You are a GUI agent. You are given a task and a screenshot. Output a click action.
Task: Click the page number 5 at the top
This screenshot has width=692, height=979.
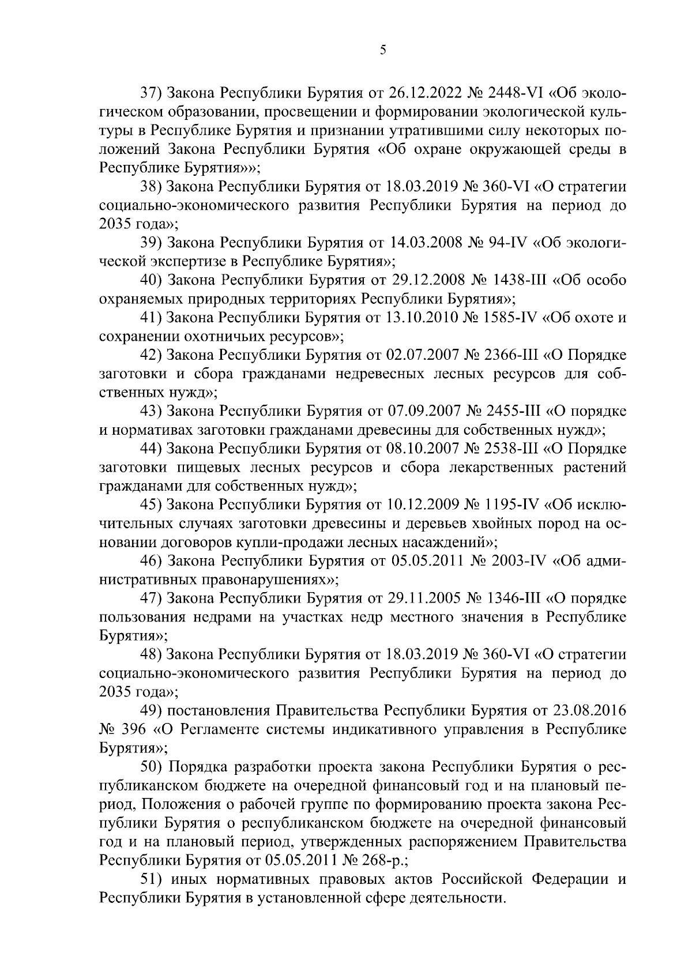point(383,51)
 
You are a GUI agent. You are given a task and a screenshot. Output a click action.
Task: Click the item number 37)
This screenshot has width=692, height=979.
point(153,93)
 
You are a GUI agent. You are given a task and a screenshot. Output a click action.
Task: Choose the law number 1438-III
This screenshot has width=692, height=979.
point(517,280)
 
